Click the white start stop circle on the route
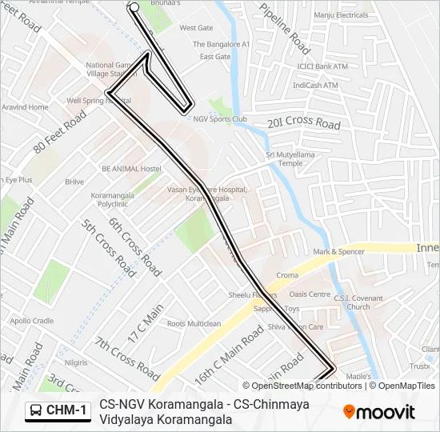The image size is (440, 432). pos(134,7)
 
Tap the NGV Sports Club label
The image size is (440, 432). pos(219,119)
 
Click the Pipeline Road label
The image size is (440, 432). pos(285,33)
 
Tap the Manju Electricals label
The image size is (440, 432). pos(341,15)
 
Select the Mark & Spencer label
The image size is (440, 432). pos(338,252)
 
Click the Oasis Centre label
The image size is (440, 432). pos(309,294)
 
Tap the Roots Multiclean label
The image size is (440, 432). pos(194,324)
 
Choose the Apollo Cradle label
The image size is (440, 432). pos(32,321)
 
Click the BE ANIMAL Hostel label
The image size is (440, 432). pos(131,169)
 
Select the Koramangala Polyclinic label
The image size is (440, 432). pos(118,199)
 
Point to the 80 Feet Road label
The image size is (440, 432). pos(60,131)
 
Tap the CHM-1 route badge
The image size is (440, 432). pos(58,410)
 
